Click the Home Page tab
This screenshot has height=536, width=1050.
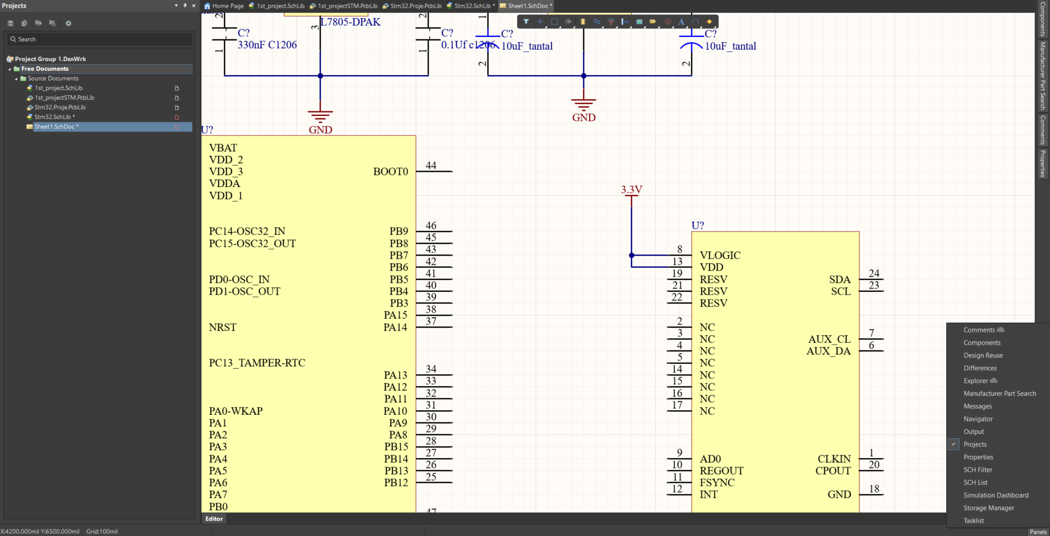[x=224, y=6]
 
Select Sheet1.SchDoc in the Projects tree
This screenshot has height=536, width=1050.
[x=55, y=127]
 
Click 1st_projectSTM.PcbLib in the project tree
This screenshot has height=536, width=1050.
[x=64, y=98]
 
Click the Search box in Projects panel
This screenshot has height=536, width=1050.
[x=100, y=40]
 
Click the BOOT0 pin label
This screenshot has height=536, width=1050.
[x=390, y=172]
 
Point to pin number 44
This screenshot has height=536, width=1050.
[x=431, y=165]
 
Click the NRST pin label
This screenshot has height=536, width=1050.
[x=222, y=328]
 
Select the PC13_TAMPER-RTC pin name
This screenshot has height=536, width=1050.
[x=257, y=363]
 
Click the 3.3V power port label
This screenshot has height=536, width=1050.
[x=631, y=190]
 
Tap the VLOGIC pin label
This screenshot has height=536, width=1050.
[x=720, y=256]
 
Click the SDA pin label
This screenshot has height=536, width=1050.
[x=840, y=280]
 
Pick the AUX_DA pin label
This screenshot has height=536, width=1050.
[x=828, y=352]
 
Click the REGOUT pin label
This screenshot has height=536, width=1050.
[x=721, y=471]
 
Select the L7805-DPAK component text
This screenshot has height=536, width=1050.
[x=351, y=22]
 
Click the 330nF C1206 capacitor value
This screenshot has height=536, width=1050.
[x=267, y=45]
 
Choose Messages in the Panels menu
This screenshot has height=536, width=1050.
[x=978, y=407]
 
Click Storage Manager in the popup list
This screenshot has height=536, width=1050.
[x=989, y=508]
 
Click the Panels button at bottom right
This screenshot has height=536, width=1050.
[x=1037, y=532]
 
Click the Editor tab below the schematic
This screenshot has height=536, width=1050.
[x=214, y=519]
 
